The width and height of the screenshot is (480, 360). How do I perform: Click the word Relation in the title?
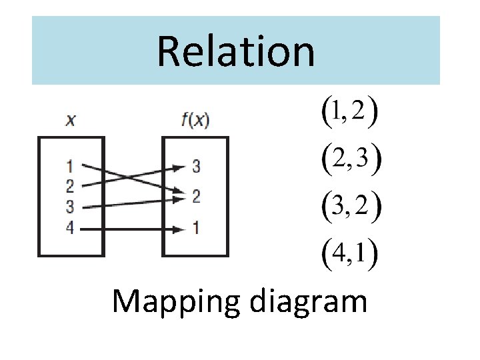point(235,52)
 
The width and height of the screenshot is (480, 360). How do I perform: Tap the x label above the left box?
point(70,121)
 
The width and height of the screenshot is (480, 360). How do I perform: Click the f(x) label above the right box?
point(195,121)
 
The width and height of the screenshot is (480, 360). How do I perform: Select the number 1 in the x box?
point(70,165)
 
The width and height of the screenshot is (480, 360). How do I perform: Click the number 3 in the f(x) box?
point(196,166)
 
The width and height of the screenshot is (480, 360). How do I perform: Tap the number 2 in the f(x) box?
point(196,197)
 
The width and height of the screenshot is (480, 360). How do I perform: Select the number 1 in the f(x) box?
point(196,228)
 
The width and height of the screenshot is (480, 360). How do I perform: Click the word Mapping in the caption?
point(173,302)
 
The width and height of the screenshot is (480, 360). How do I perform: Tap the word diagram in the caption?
point(309,302)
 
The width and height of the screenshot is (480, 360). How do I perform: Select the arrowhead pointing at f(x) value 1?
point(178,228)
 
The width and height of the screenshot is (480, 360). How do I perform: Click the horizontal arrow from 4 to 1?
point(127,228)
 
